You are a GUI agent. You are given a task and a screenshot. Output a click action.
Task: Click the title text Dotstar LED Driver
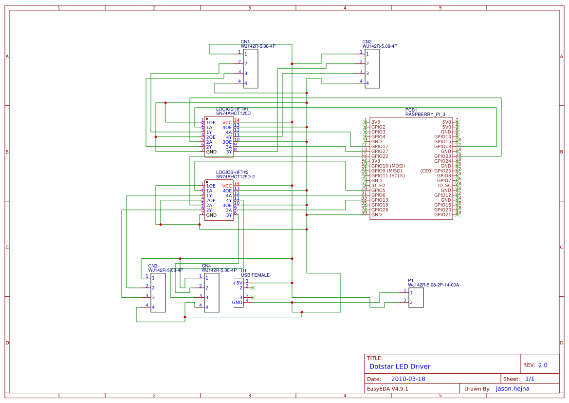(x=400, y=366)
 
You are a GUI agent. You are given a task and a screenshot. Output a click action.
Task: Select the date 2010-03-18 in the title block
(x=408, y=379)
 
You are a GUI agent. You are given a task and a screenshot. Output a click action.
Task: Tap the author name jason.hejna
(x=512, y=389)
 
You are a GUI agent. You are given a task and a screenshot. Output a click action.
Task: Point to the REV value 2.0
(x=543, y=365)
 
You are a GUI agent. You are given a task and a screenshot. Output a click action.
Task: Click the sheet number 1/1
(x=530, y=379)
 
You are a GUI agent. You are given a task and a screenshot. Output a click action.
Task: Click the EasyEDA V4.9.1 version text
(x=387, y=389)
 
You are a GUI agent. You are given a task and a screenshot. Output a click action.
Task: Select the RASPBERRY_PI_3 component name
(x=425, y=114)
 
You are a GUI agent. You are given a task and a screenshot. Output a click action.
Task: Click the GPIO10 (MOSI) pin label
(x=388, y=166)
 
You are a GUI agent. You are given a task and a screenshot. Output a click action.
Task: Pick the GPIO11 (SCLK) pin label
(x=387, y=176)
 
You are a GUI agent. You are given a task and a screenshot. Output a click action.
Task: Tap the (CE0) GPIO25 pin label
(x=436, y=171)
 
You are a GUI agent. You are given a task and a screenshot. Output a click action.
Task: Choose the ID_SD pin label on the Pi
(x=378, y=186)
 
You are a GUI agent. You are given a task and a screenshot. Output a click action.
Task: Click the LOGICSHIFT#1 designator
(x=232, y=109)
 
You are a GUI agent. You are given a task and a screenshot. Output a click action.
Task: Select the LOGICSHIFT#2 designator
(x=232, y=173)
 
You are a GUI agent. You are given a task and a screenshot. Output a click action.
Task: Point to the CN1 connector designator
(x=245, y=42)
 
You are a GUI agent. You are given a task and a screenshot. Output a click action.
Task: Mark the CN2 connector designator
(x=367, y=42)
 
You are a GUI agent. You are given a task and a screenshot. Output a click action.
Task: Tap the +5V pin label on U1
(x=237, y=283)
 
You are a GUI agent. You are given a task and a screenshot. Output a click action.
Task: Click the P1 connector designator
(x=410, y=281)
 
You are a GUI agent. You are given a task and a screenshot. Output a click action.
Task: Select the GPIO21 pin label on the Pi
(x=442, y=215)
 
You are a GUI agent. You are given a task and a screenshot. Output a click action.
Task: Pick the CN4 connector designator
(x=206, y=266)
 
